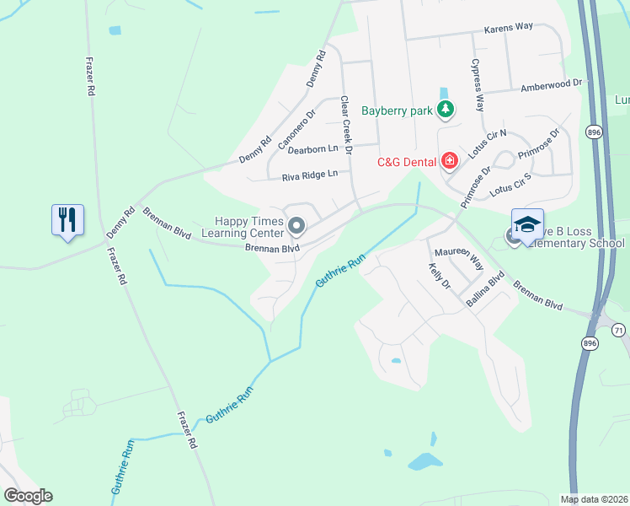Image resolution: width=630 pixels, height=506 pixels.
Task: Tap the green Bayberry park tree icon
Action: pos(446,110)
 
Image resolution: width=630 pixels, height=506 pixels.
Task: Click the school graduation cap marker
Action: pos(527,224)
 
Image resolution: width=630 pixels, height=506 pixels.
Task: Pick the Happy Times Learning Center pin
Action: pos(296,225)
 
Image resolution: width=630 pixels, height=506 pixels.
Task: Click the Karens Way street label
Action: pos(509,27)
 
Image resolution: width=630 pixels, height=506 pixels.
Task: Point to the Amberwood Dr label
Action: pos(552,85)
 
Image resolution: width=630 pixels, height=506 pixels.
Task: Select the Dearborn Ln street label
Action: pos(312,149)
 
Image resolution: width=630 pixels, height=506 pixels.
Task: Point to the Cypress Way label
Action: pos(478,84)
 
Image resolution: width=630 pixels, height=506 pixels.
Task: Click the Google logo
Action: pos(28,496)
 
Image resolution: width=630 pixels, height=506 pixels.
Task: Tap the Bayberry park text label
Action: pos(397,110)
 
